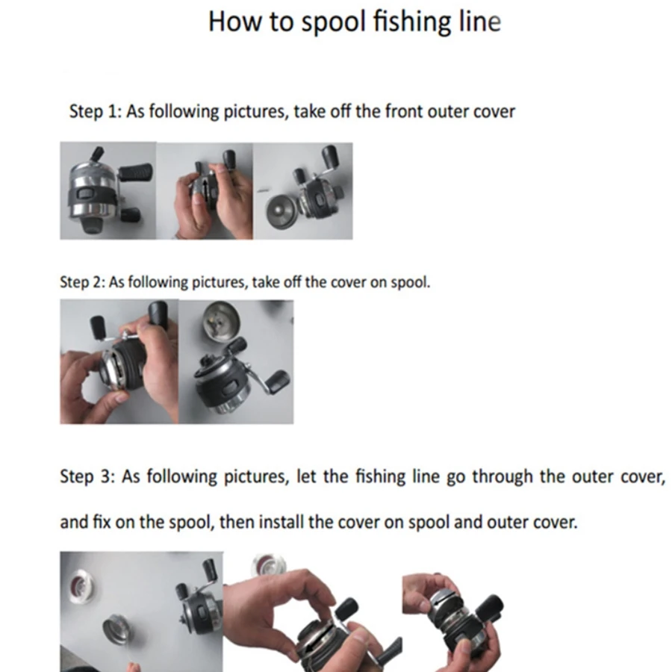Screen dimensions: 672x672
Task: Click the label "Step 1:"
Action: [96, 111]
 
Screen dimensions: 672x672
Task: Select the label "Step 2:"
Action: [82, 282]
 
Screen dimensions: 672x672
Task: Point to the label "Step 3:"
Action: [87, 476]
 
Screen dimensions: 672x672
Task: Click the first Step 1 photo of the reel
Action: [108, 190]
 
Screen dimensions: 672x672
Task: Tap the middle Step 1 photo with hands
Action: [205, 191]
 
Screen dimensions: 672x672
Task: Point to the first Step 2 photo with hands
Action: [119, 361]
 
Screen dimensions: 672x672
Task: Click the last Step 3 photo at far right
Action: [453, 622]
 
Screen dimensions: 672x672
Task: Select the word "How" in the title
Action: [234, 22]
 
